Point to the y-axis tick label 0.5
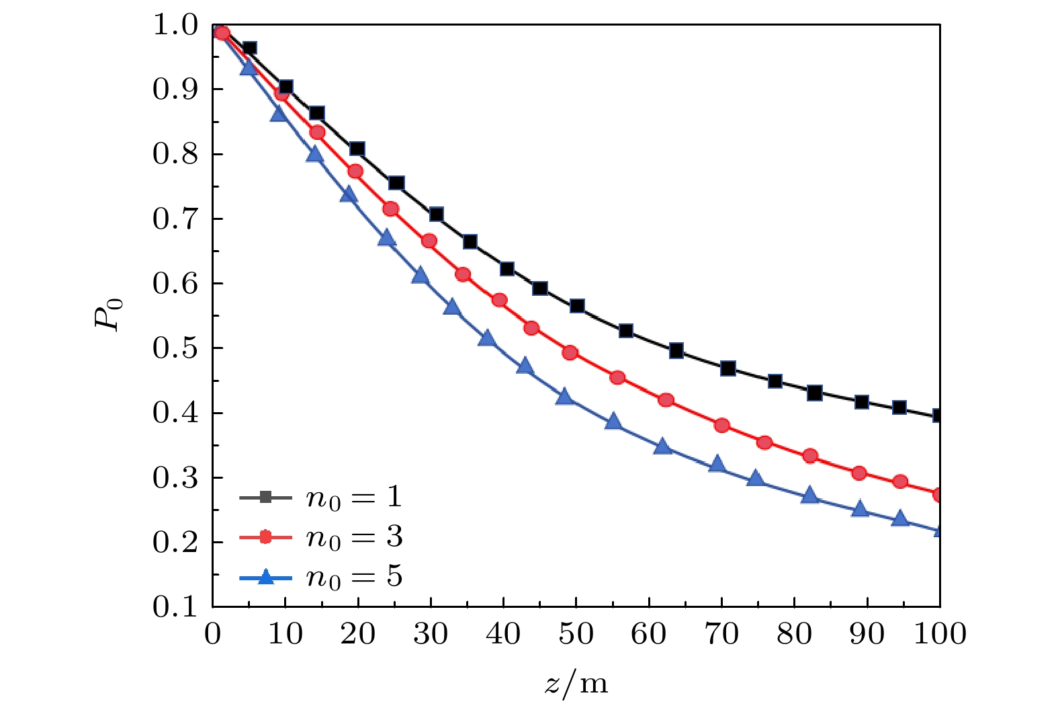click(x=177, y=348)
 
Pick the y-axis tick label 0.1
click(x=177, y=607)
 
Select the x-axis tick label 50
click(x=576, y=634)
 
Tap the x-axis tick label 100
click(x=940, y=634)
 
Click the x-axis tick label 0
click(x=213, y=634)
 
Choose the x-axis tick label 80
click(x=795, y=634)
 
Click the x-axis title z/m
click(x=576, y=683)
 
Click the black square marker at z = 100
click(x=938, y=416)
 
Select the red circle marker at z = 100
click(x=938, y=495)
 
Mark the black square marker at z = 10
click(x=285, y=87)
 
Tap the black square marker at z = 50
click(x=577, y=306)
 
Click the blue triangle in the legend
click(x=266, y=577)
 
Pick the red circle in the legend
click(x=266, y=537)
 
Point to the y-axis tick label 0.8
click(x=177, y=155)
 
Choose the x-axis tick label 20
click(x=358, y=634)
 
